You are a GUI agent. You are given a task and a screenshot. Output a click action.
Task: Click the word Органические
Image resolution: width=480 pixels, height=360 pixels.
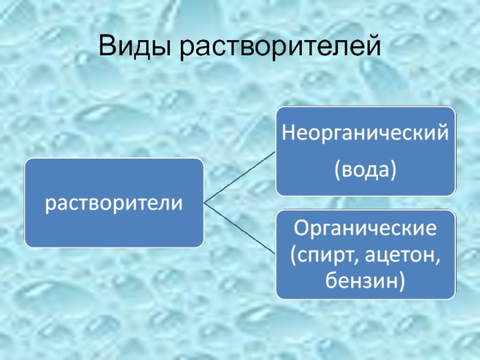coord(365,228)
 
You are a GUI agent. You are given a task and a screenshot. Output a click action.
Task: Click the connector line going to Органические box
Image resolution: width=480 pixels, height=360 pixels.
coord(240,228)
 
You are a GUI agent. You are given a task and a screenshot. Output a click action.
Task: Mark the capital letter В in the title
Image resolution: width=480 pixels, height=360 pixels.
coord(107,46)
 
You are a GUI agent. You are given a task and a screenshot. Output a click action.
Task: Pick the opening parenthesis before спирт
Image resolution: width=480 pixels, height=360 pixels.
coord(293,254)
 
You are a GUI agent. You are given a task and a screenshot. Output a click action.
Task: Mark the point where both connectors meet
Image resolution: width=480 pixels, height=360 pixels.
coord(205,203)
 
